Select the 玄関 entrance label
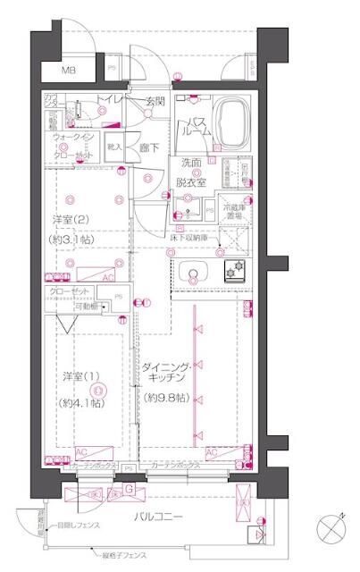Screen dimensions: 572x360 [x=155, y=102]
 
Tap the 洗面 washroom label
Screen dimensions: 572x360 [x=192, y=164]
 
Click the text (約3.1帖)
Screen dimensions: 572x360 [x=71, y=240]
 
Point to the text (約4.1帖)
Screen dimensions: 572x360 [x=80, y=403]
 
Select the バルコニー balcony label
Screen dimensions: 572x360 [x=159, y=517]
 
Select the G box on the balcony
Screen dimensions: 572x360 [x=129, y=489]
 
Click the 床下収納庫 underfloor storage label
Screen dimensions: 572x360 [x=190, y=239]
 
